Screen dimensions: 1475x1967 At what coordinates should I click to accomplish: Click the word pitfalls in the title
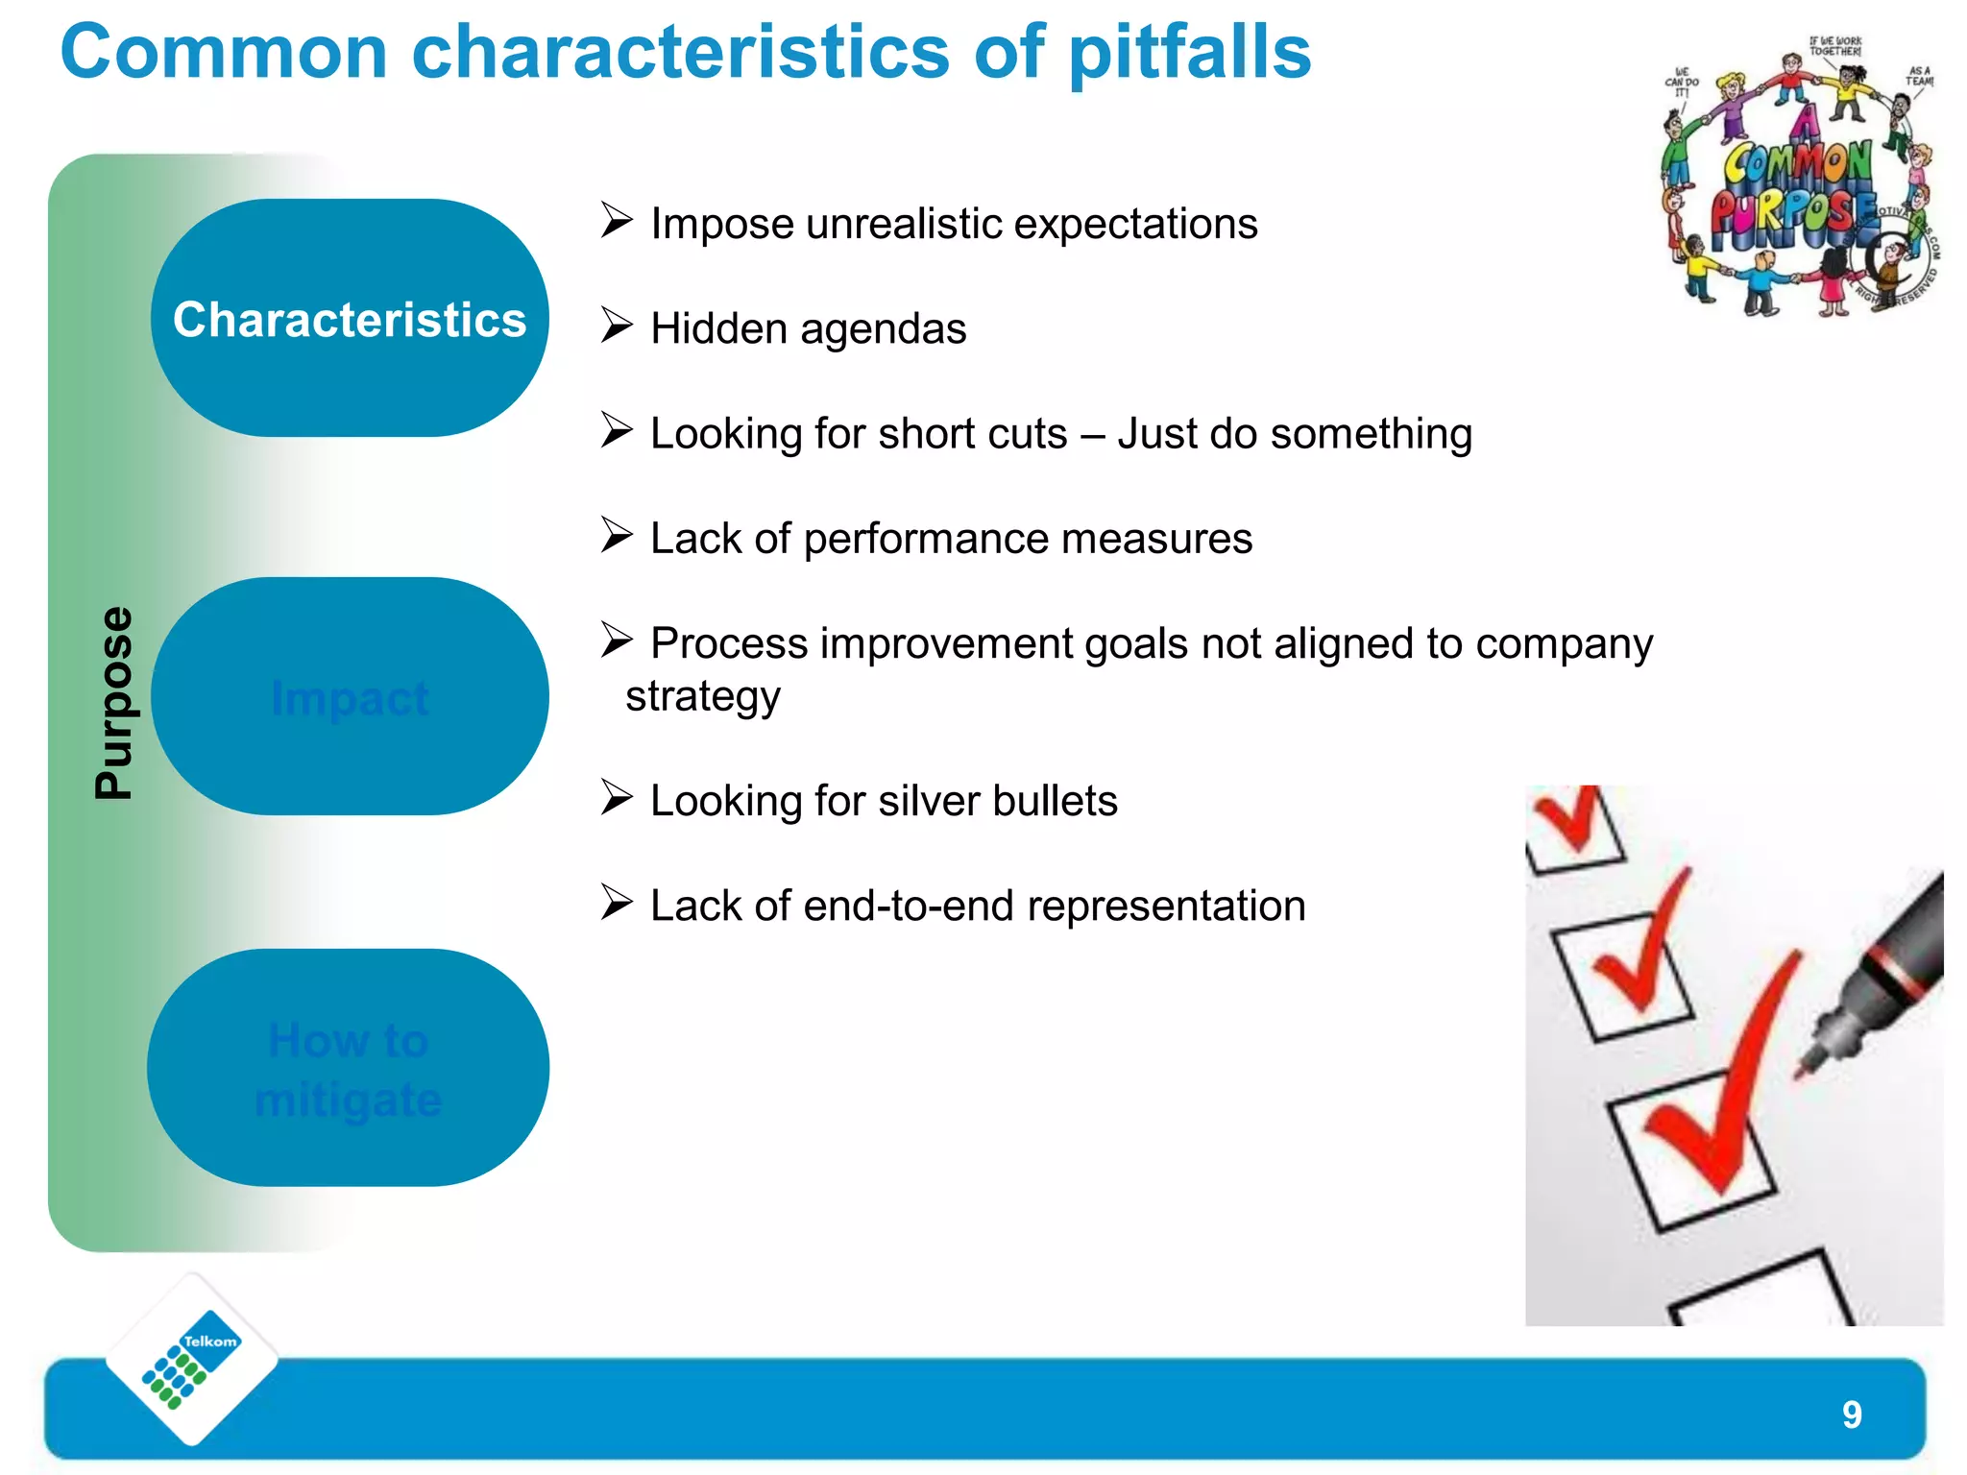click(x=1189, y=53)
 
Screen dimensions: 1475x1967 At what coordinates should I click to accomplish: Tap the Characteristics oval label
click(x=350, y=319)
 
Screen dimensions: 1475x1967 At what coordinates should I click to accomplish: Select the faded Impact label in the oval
click(x=350, y=698)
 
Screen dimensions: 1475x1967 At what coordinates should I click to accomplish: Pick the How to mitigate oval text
click(x=348, y=1069)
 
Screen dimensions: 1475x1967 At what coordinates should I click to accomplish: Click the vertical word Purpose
click(x=114, y=702)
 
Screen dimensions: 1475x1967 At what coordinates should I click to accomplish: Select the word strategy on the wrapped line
click(x=702, y=696)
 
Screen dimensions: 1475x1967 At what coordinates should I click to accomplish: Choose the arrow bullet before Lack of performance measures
click(x=617, y=535)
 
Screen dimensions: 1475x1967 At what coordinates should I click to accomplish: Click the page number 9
click(x=1852, y=1415)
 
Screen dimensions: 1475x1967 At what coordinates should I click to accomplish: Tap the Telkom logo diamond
click(x=192, y=1359)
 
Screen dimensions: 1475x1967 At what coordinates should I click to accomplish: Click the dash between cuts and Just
click(x=1091, y=434)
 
